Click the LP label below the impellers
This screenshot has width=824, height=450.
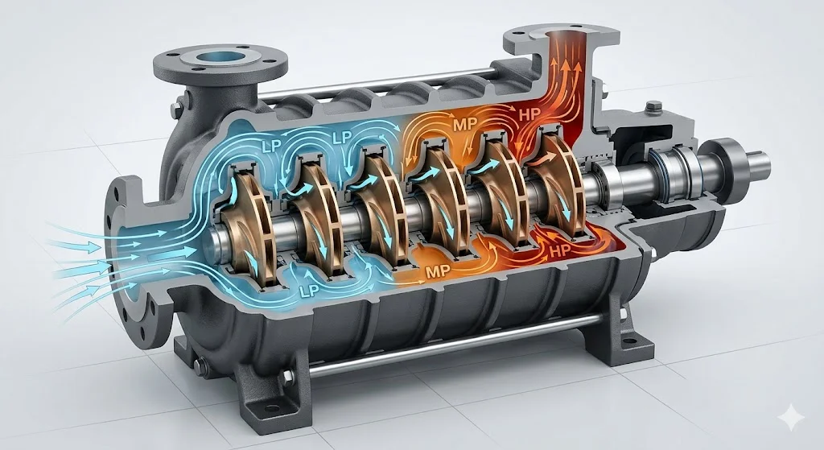tap(308, 291)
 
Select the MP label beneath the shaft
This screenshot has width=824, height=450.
tap(438, 272)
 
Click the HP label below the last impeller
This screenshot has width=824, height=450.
tap(559, 251)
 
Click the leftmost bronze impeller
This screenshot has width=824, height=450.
tap(248, 227)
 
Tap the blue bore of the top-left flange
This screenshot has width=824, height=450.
tap(220, 57)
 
